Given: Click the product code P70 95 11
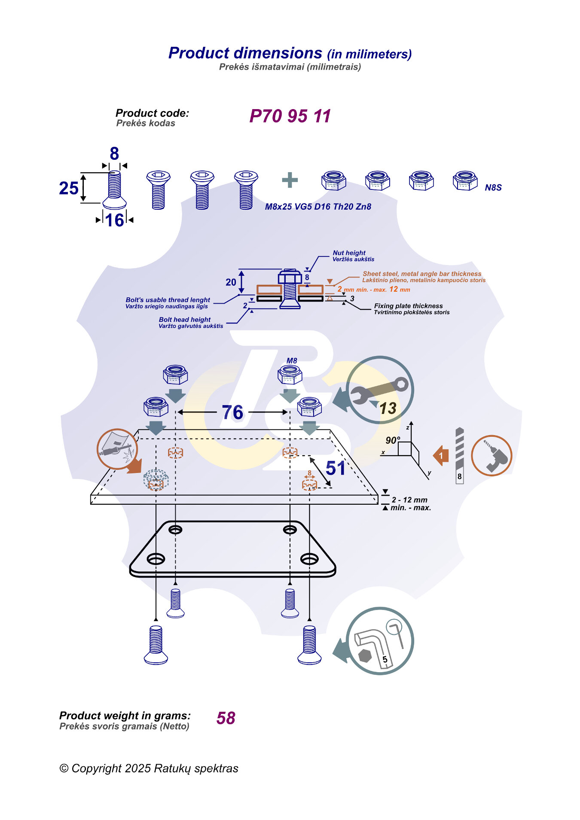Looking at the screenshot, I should (x=290, y=116).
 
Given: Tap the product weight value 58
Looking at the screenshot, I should (x=226, y=718).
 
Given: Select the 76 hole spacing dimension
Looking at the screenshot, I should (x=232, y=412).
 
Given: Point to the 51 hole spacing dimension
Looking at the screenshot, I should (x=336, y=468).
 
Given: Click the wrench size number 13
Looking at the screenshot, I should (x=388, y=408).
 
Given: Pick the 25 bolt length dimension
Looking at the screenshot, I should (x=69, y=188).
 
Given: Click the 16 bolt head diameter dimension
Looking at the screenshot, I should (x=115, y=220).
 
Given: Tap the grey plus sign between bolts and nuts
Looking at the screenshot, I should (x=290, y=180).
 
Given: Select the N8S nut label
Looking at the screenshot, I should (x=493, y=188).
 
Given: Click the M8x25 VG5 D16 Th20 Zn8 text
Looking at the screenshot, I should (x=318, y=207).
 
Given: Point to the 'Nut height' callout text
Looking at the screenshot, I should (x=349, y=253).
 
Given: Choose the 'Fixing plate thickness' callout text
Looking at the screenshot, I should (x=408, y=306).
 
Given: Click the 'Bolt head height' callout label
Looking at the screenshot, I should (x=185, y=320).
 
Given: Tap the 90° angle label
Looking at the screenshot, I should (x=393, y=440).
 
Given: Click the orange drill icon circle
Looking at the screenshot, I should (x=491, y=455).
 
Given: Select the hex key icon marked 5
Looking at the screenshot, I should (x=380, y=640).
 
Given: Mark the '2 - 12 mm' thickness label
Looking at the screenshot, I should (x=409, y=500).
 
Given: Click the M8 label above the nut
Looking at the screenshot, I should (x=292, y=361).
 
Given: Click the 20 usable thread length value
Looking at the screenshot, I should (x=231, y=282).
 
